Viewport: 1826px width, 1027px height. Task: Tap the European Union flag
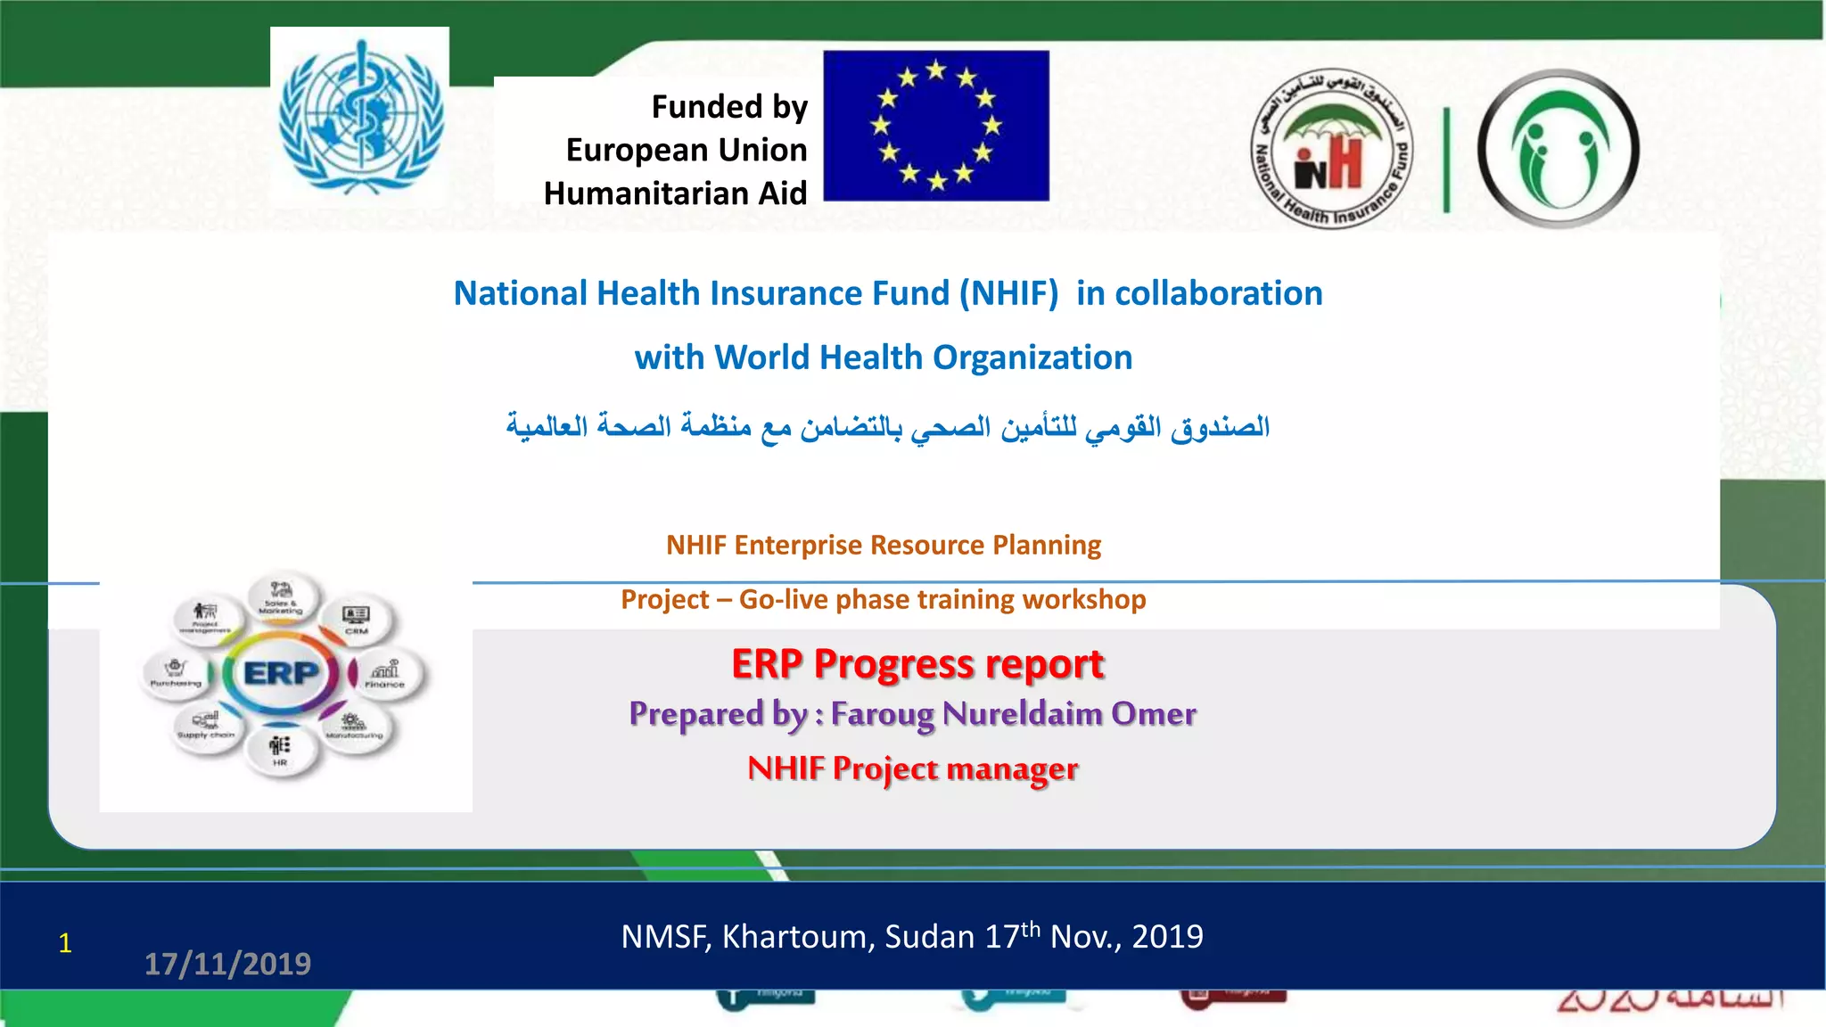click(935, 126)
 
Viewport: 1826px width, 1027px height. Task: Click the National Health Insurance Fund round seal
click(1331, 148)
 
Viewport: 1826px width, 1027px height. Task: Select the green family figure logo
click(1558, 149)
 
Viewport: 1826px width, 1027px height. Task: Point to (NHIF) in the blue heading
click(1008, 293)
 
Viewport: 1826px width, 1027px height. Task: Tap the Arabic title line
click(887, 426)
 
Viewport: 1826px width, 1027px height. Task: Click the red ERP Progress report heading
click(917, 664)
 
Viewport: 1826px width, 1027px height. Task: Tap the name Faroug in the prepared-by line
click(883, 714)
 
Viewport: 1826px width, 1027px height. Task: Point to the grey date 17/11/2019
click(227, 964)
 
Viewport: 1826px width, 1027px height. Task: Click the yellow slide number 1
click(65, 943)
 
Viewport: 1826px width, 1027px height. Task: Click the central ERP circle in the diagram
click(281, 673)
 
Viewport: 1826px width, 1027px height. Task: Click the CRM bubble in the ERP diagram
click(357, 618)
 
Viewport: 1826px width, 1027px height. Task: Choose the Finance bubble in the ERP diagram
click(385, 674)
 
